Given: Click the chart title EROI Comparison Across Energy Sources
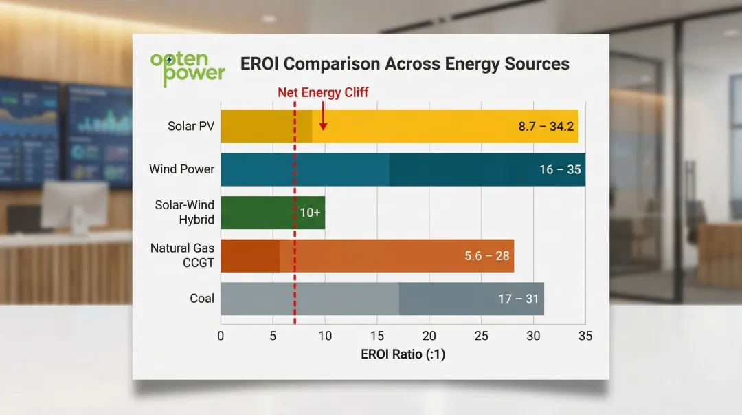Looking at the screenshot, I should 405,64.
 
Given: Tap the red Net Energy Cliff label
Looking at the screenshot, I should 323,93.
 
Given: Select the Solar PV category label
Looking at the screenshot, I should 191,126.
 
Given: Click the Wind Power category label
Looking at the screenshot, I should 182,169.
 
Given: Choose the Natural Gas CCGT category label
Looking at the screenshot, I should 183,255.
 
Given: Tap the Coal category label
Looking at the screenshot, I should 202,299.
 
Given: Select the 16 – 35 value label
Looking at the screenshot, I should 560,169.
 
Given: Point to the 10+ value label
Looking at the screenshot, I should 310,213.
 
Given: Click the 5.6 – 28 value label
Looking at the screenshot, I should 486,256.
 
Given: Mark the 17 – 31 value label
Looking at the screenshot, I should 519,299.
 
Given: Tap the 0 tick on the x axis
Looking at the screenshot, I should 221,336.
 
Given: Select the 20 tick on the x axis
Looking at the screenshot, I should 429,336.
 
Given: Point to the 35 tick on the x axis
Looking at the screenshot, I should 585,336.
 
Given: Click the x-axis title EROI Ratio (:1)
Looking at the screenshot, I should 403,354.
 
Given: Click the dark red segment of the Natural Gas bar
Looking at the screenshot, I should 250,256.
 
